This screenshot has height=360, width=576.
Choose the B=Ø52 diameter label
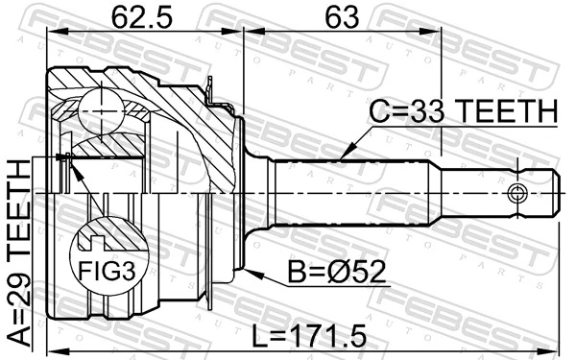[x=337, y=275]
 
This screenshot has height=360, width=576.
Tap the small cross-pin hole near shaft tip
[x=518, y=192]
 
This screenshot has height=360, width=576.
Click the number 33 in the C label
[x=428, y=112]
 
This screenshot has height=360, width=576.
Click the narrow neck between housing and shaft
[x=257, y=192]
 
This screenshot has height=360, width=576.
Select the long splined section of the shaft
[x=355, y=192]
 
